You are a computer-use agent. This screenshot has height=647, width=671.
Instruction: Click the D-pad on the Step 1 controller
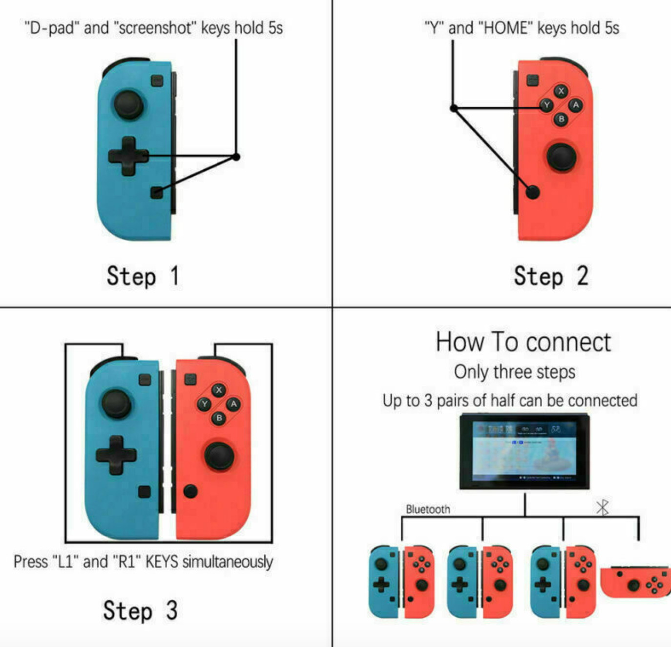128,156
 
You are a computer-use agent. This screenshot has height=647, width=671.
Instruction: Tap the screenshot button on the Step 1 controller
156,192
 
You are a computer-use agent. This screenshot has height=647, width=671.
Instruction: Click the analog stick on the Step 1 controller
128,104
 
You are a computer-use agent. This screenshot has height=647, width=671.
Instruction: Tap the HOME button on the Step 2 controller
533,192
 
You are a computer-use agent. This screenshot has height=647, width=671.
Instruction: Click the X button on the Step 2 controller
561,91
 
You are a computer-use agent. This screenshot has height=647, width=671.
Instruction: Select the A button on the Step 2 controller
576,105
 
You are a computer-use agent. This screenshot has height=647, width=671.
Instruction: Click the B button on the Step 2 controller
561,119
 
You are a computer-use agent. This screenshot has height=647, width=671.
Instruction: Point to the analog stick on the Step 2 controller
561,157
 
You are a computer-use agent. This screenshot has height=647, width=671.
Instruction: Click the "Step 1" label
143,276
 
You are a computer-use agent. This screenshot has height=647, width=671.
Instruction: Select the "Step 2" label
550,276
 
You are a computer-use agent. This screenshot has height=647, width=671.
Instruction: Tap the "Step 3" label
140,610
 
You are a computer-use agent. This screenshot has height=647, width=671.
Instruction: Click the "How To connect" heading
523,342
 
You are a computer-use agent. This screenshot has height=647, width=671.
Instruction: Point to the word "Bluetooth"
428,509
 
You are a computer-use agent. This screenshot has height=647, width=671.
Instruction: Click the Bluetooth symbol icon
603,507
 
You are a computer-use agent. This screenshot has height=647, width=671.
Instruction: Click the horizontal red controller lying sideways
635,582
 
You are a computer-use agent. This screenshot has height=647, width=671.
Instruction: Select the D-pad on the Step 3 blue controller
116,455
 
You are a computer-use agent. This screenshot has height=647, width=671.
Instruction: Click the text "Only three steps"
514,372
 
